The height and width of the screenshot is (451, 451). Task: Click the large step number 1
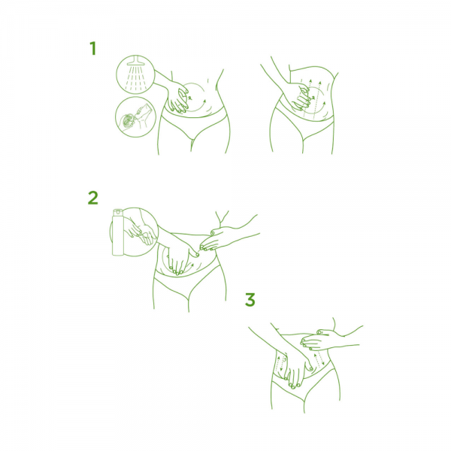(x=92, y=48)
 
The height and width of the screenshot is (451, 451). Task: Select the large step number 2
(x=93, y=198)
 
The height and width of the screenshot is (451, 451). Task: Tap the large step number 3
(x=250, y=299)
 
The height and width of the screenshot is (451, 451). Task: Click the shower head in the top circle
(x=135, y=61)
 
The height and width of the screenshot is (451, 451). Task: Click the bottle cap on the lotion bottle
(x=118, y=212)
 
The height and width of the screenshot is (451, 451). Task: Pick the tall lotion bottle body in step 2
(x=118, y=235)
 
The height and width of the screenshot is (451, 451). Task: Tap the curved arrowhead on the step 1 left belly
(x=204, y=101)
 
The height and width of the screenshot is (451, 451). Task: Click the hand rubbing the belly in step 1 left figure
(x=177, y=100)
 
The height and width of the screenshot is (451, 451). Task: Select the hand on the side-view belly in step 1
(x=301, y=98)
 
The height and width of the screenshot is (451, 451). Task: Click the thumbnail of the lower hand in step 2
(x=197, y=254)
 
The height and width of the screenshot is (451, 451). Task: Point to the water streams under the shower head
(x=136, y=77)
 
